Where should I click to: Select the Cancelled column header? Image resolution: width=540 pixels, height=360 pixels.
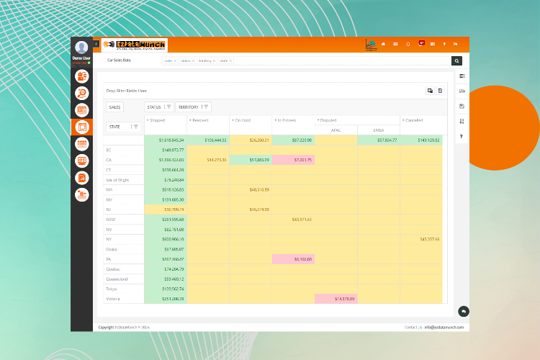pyautogui.click(x=414, y=120)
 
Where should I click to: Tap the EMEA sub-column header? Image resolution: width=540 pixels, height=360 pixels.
pyautogui.click(x=379, y=130)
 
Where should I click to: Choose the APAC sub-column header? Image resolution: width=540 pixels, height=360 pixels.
pyautogui.click(x=336, y=130)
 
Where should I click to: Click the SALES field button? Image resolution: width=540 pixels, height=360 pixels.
pyautogui.click(x=115, y=107)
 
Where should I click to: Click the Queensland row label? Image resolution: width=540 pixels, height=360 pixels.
pyautogui.click(x=117, y=279)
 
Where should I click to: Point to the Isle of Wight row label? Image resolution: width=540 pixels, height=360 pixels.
pyautogui.click(x=117, y=179)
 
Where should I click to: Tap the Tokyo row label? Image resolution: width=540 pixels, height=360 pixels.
pyautogui.click(x=112, y=289)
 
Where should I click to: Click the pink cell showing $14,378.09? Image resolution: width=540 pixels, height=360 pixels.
pyautogui.click(x=336, y=298)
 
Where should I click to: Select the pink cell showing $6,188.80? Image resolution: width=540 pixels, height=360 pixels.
pyautogui.click(x=293, y=258)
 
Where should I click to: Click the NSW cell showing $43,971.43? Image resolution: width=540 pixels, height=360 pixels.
pyautogui.click(x=293, y=219)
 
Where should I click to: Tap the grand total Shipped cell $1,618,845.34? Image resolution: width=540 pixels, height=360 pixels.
pyautogui.click(x=166, y=140)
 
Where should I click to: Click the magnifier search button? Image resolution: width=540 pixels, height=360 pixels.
pyautogui.click(x=456, y=61)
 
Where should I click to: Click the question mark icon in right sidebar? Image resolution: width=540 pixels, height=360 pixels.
pyautogui.click(x=462, y=136)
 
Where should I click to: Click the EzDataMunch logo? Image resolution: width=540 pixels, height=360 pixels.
pyautogui.click(x=135, y=44)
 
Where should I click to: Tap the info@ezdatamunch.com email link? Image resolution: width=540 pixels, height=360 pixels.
pyautogui.click(x=444, y=327)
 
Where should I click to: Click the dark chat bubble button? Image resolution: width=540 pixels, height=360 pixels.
pyautogui.click(x=464, y=311)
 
